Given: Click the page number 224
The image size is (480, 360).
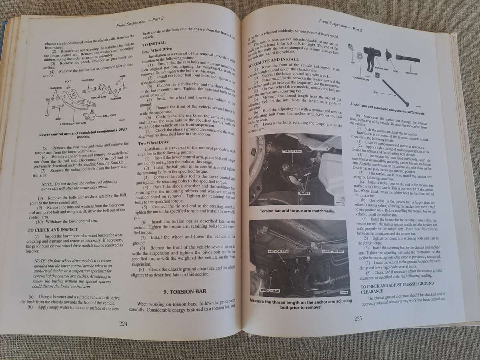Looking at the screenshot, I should (x=123, y=324).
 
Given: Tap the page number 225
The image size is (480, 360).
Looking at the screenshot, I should (x=358, y=319).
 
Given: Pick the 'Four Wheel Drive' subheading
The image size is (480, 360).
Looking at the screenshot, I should (x=157, y=51).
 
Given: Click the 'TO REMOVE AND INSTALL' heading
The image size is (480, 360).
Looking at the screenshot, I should (x=273, y=60).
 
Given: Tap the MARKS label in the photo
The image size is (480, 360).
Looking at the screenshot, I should (x=304, y=193).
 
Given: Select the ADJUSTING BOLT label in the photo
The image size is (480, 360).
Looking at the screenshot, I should (x=332, y=251).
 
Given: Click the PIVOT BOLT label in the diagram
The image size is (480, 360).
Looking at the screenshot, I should (x=88, y=80).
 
